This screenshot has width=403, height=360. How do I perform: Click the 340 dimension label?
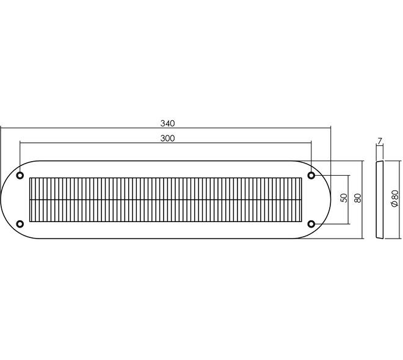[x=167, y=123]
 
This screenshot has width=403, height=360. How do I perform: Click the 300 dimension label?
[x=167, y=139]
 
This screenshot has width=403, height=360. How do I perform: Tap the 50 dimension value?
[x=344, y=198]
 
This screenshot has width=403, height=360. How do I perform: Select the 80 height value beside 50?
[x=358, y=198]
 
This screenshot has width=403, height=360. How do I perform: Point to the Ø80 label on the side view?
[x=394, y=198]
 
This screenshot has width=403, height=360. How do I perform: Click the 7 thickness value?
[x=380, y=141]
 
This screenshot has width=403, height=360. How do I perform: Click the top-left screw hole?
[x=20, y=176]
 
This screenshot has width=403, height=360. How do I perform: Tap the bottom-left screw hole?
[x=20, y=224]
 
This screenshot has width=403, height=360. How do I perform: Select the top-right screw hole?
[x=311, y=176]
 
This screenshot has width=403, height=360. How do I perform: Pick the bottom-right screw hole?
[x=311, y=224]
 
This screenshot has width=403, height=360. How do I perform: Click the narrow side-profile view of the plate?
[x=380, y=200]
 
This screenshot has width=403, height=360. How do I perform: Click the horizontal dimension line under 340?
[x=165, y=128]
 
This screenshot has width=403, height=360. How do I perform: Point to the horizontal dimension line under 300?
[x=165, y=143]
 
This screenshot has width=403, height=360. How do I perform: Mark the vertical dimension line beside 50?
[x=349, y=200]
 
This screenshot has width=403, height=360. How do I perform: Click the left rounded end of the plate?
[x=1, y=200]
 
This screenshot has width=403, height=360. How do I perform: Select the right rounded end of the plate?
[x=330, y=200]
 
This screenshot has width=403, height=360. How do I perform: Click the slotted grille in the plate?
[x=165, y=200]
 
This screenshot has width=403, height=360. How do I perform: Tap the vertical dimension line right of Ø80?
[x=400, y=200]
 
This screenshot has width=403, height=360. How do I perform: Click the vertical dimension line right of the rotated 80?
[x=362, y=200]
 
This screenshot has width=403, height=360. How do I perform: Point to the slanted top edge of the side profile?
[x=380, y=162]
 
